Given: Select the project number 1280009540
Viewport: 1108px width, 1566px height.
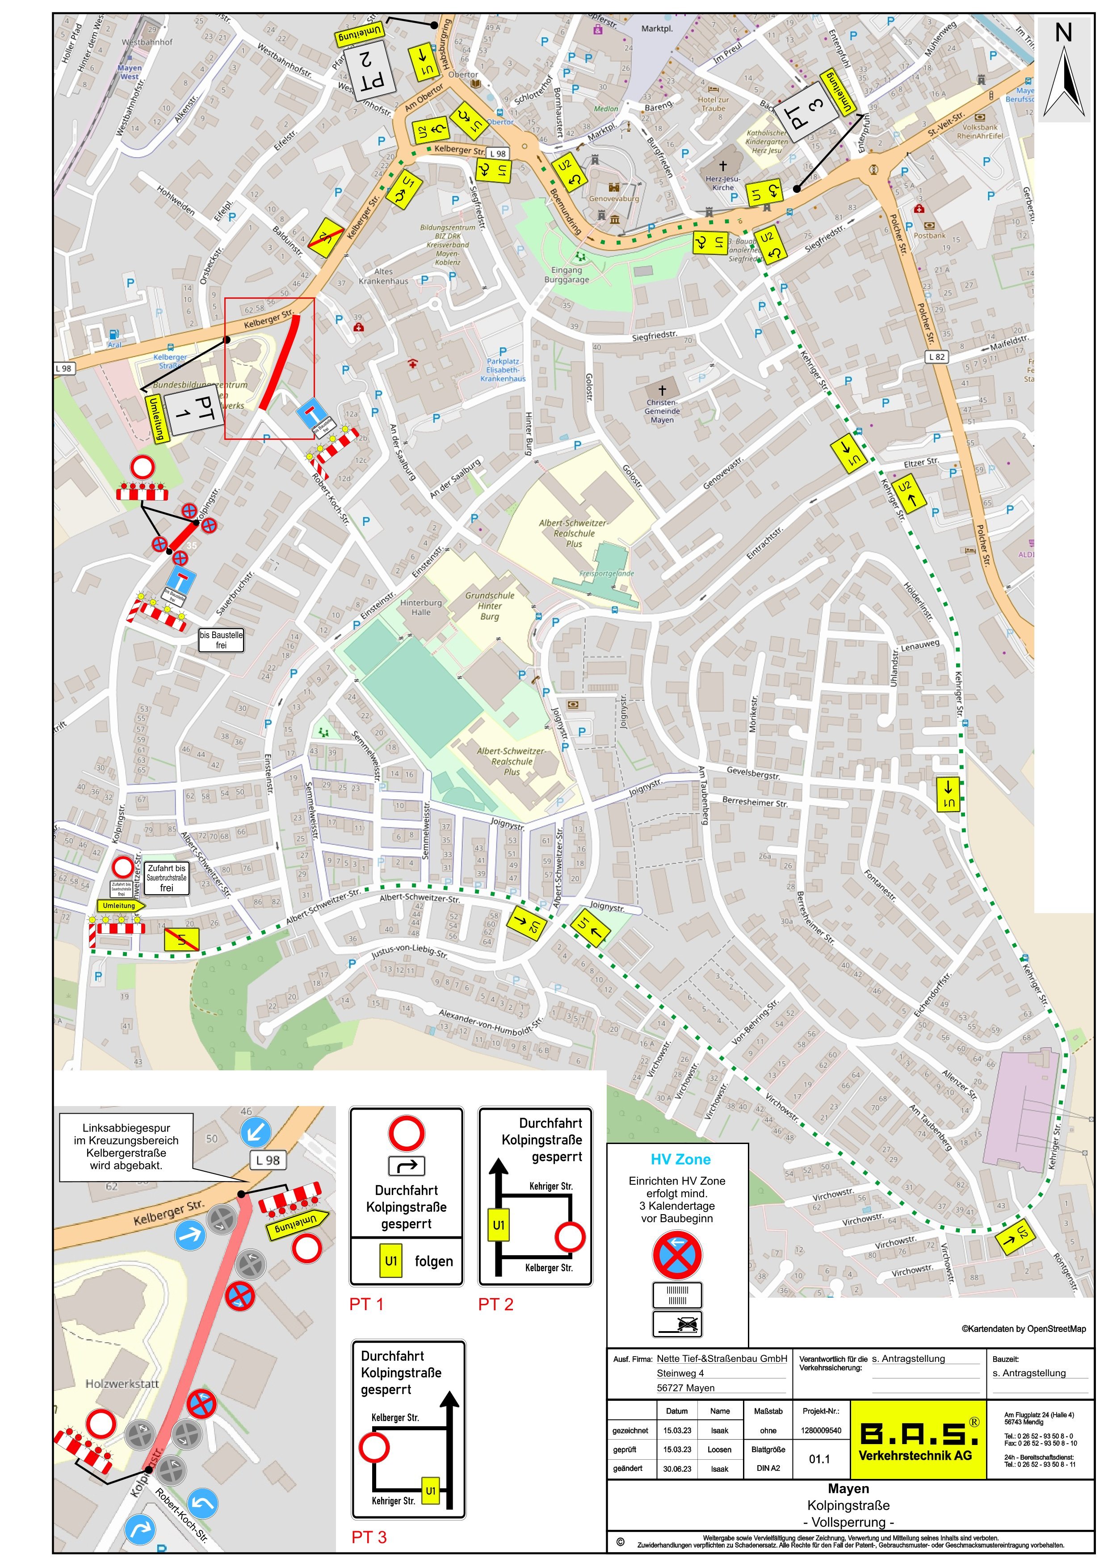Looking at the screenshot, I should pos(822,1430).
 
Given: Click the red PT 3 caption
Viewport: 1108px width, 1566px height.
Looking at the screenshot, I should pos(369,1537).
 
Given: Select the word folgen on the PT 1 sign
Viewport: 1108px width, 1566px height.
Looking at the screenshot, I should pos(433,1261).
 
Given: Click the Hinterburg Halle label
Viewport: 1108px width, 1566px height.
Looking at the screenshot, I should pos(421,607).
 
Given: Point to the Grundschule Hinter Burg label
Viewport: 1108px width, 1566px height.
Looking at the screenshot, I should pos(489,606).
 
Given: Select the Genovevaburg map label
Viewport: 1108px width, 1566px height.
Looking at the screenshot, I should pos(613,198).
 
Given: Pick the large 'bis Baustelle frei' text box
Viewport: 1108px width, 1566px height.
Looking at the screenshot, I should pos(221,640).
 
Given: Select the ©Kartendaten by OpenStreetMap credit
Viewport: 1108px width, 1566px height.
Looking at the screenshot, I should pos(1024,1328).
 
